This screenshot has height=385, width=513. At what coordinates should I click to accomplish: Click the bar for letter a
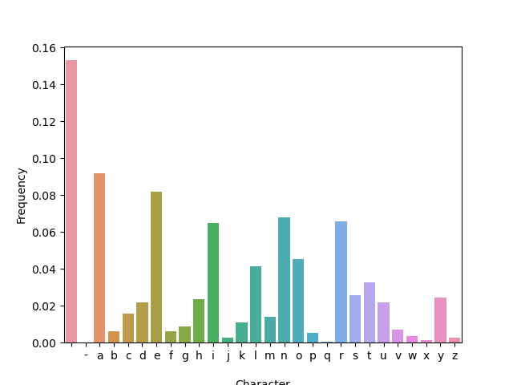point(99,257)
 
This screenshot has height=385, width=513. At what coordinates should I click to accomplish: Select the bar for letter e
point(156,267)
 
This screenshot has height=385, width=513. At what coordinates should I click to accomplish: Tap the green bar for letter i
point(213,282)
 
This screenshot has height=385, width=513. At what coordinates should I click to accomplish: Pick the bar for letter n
point(284,280)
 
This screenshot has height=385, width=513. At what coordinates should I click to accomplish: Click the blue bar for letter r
point(341,282)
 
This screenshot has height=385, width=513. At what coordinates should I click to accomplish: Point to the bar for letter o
point(298,301)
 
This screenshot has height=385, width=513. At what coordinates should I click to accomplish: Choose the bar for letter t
point(370,312)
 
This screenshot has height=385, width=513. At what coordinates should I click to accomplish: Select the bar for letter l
point(256,304)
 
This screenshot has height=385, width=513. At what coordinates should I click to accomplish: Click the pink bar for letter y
point(440,320)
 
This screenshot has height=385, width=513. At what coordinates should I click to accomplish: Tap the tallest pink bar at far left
point(71,201)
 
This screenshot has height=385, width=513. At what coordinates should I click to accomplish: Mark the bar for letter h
point(199,321)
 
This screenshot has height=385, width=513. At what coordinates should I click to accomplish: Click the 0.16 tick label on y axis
point(43,48)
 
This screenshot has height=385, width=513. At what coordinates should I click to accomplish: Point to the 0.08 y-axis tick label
point(43,196)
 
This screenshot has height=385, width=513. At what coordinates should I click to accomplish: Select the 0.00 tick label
point(43,343)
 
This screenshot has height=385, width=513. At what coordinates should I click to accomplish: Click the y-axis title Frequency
point(22,195)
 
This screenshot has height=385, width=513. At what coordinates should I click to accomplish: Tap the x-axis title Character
point(263,382)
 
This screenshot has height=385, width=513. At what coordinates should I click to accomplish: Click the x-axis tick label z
point(454,355)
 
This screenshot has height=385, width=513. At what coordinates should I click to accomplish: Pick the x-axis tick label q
point(327,356)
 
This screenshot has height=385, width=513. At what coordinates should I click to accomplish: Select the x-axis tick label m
point(270,355)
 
